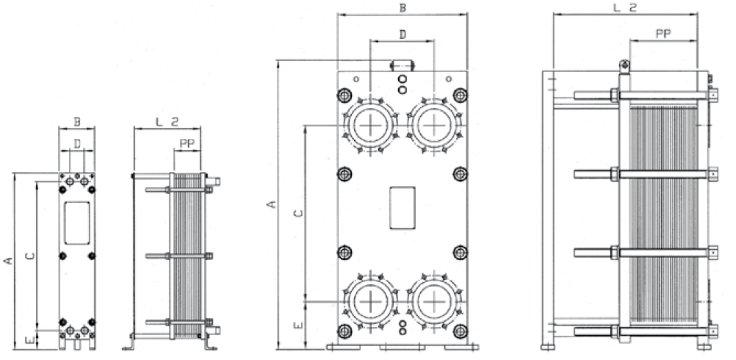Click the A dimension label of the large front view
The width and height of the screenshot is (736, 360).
point(271,204)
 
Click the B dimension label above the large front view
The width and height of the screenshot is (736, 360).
point(402,8)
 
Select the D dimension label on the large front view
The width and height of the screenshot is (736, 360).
point(403,35)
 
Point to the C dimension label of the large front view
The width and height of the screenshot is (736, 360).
point(297,213)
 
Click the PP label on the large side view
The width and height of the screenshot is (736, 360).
point(663,33)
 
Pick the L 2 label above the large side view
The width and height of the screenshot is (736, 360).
point(624,7)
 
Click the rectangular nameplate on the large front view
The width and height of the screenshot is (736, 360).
point(402,209)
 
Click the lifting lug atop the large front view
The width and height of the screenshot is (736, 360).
point(402,65)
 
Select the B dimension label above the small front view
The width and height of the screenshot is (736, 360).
point(76,121)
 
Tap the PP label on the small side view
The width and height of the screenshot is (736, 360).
point(187,144)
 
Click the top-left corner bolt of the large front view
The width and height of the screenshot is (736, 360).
point(344,95)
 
